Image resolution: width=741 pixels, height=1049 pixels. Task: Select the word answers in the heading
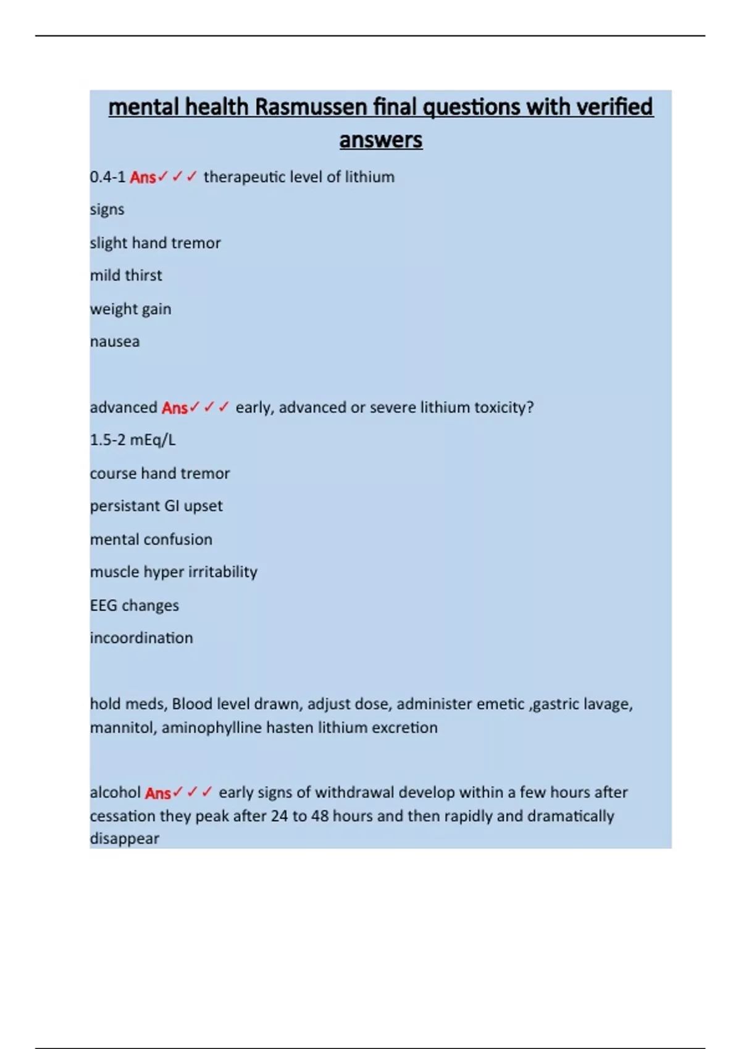380,140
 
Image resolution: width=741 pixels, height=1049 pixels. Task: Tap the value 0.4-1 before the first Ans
107,177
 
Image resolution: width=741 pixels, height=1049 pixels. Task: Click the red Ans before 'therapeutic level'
143,178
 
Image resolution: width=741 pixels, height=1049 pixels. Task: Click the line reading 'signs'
107,210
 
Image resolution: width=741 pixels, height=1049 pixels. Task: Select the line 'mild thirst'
126,275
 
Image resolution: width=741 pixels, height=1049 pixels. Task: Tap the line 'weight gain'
130,309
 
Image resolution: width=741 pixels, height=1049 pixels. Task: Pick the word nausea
115,342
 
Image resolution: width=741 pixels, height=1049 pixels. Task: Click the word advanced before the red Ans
124,407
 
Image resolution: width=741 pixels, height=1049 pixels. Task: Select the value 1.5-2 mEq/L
133,440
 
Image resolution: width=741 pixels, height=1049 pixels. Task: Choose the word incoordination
141,638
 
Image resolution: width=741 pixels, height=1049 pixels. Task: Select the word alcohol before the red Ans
115,792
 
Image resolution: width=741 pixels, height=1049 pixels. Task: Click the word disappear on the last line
125,839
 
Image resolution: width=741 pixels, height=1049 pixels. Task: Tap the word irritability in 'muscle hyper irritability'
222,572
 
